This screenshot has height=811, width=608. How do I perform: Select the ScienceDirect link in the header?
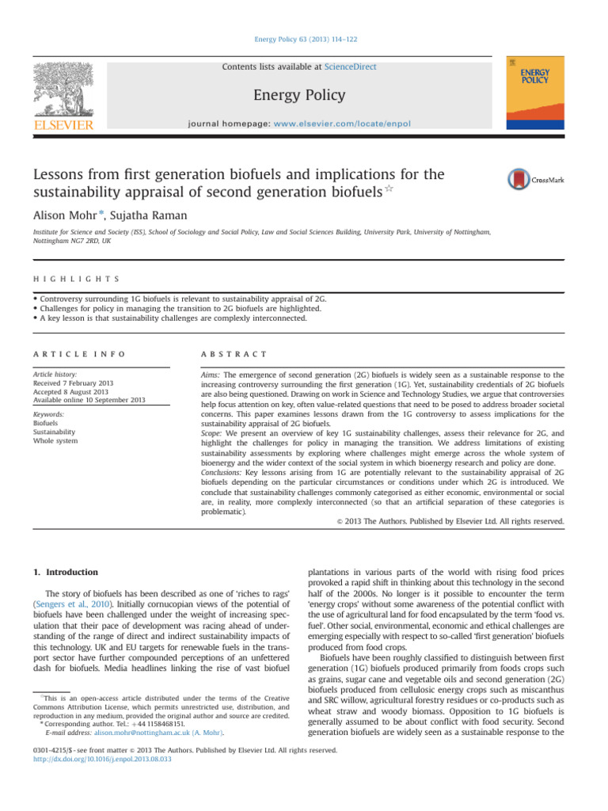pyautogui.click(x=346, y=67)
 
